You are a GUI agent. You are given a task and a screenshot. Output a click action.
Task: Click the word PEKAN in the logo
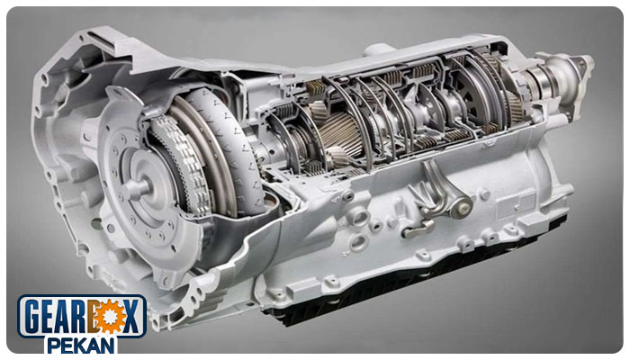[81, 345]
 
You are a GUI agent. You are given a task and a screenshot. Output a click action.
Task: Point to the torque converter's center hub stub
[137, 187]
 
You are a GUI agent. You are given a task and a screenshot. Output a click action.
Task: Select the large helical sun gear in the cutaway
[341, 133]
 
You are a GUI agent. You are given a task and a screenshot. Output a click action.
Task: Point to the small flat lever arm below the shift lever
[418, 229]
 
